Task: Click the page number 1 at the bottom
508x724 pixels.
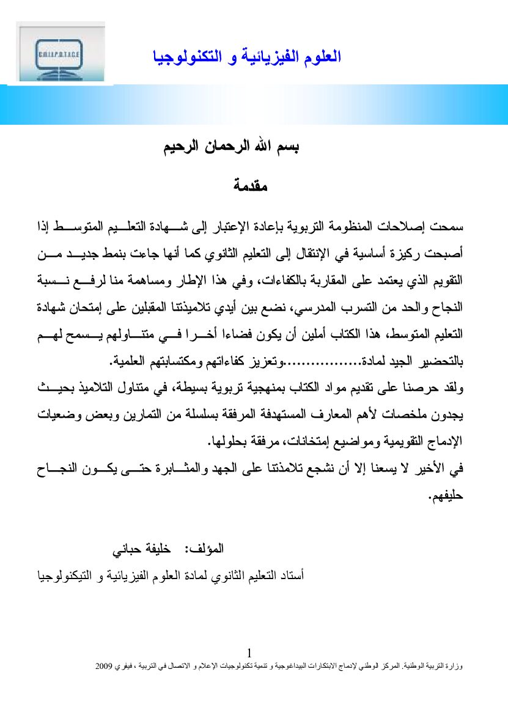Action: (249, 652)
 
